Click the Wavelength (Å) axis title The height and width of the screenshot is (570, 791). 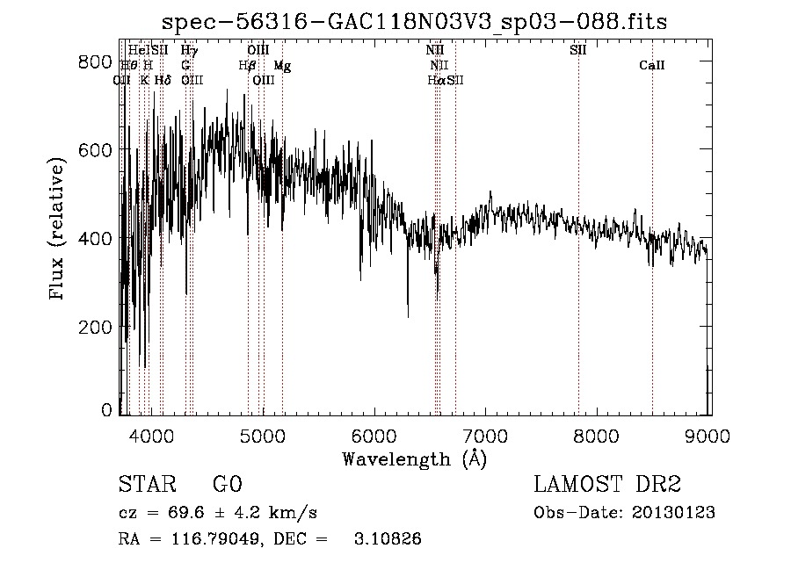click(x=414, y=458)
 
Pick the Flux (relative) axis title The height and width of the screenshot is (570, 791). click(x=59, y=230)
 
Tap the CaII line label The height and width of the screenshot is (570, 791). click(x=651, y=66)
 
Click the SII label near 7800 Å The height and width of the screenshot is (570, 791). click(x=577, y=50)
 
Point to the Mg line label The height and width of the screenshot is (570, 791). click(x=281, y=66)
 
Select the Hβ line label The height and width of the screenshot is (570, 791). click(x=247, y=66)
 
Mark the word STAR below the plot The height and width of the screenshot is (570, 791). click(x=144, y=485)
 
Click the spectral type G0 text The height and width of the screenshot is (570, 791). click(x=227, y=485)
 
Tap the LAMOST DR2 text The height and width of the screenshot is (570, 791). click(x=607, y=485)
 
